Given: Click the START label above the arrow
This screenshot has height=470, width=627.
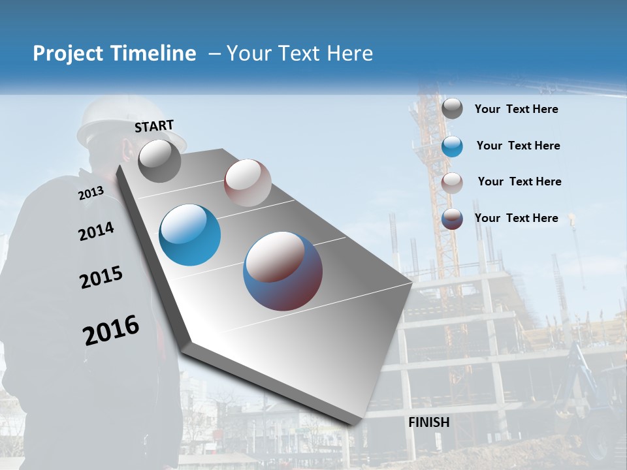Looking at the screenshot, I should point(154,126).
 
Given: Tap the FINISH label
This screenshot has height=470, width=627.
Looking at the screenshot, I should point(429,422).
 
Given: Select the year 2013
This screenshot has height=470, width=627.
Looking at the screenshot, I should point(91,193).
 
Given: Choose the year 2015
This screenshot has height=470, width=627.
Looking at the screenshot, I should point(101,277).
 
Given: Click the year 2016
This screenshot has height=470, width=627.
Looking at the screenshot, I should point(111,330).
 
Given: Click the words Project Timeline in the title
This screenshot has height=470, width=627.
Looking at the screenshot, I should point(114,54).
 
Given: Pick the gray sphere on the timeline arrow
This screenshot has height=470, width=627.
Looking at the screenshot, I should point(159,161).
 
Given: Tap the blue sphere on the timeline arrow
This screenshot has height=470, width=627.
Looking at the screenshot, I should point(190,235).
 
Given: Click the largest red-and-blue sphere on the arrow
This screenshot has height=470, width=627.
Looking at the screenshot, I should point(283,271).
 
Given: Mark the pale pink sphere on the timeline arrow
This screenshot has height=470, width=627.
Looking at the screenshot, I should point(248,183).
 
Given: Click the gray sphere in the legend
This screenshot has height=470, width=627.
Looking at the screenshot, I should point(452,109).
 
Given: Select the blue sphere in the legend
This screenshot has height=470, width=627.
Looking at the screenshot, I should point(452,146).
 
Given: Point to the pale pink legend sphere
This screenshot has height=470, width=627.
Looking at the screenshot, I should point(452,183).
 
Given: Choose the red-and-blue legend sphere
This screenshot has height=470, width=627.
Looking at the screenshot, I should point(452,219).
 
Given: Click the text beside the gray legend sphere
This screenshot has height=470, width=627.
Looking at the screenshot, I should point(516,110).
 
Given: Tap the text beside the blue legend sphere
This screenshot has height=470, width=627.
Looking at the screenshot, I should point(518,146).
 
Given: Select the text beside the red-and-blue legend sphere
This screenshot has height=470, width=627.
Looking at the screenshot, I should point(516,218).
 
